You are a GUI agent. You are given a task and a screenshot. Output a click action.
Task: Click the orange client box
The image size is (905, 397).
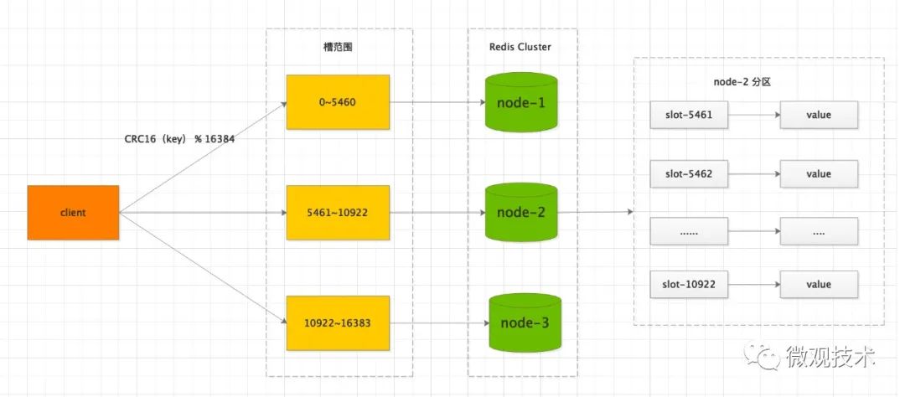73,213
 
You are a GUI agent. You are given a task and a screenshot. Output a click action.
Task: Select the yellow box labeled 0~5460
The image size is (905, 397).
338,101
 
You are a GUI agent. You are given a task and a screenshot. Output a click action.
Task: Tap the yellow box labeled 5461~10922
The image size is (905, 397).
338,213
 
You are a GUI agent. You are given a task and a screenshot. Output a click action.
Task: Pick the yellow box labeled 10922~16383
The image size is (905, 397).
338,322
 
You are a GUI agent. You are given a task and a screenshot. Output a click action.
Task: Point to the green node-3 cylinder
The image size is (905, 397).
525,322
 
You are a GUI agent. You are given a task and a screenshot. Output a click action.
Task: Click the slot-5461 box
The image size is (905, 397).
689,115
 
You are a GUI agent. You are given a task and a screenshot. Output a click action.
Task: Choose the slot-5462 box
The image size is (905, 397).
689,174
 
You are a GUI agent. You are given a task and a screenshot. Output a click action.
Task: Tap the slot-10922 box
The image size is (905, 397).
689,284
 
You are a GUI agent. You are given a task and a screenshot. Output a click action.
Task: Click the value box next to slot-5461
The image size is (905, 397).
818,115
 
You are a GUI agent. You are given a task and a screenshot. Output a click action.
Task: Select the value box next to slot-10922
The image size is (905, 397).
818,284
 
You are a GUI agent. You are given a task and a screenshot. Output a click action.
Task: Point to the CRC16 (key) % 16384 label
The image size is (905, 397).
178,139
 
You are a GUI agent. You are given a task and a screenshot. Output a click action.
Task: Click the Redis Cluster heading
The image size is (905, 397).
520,47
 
